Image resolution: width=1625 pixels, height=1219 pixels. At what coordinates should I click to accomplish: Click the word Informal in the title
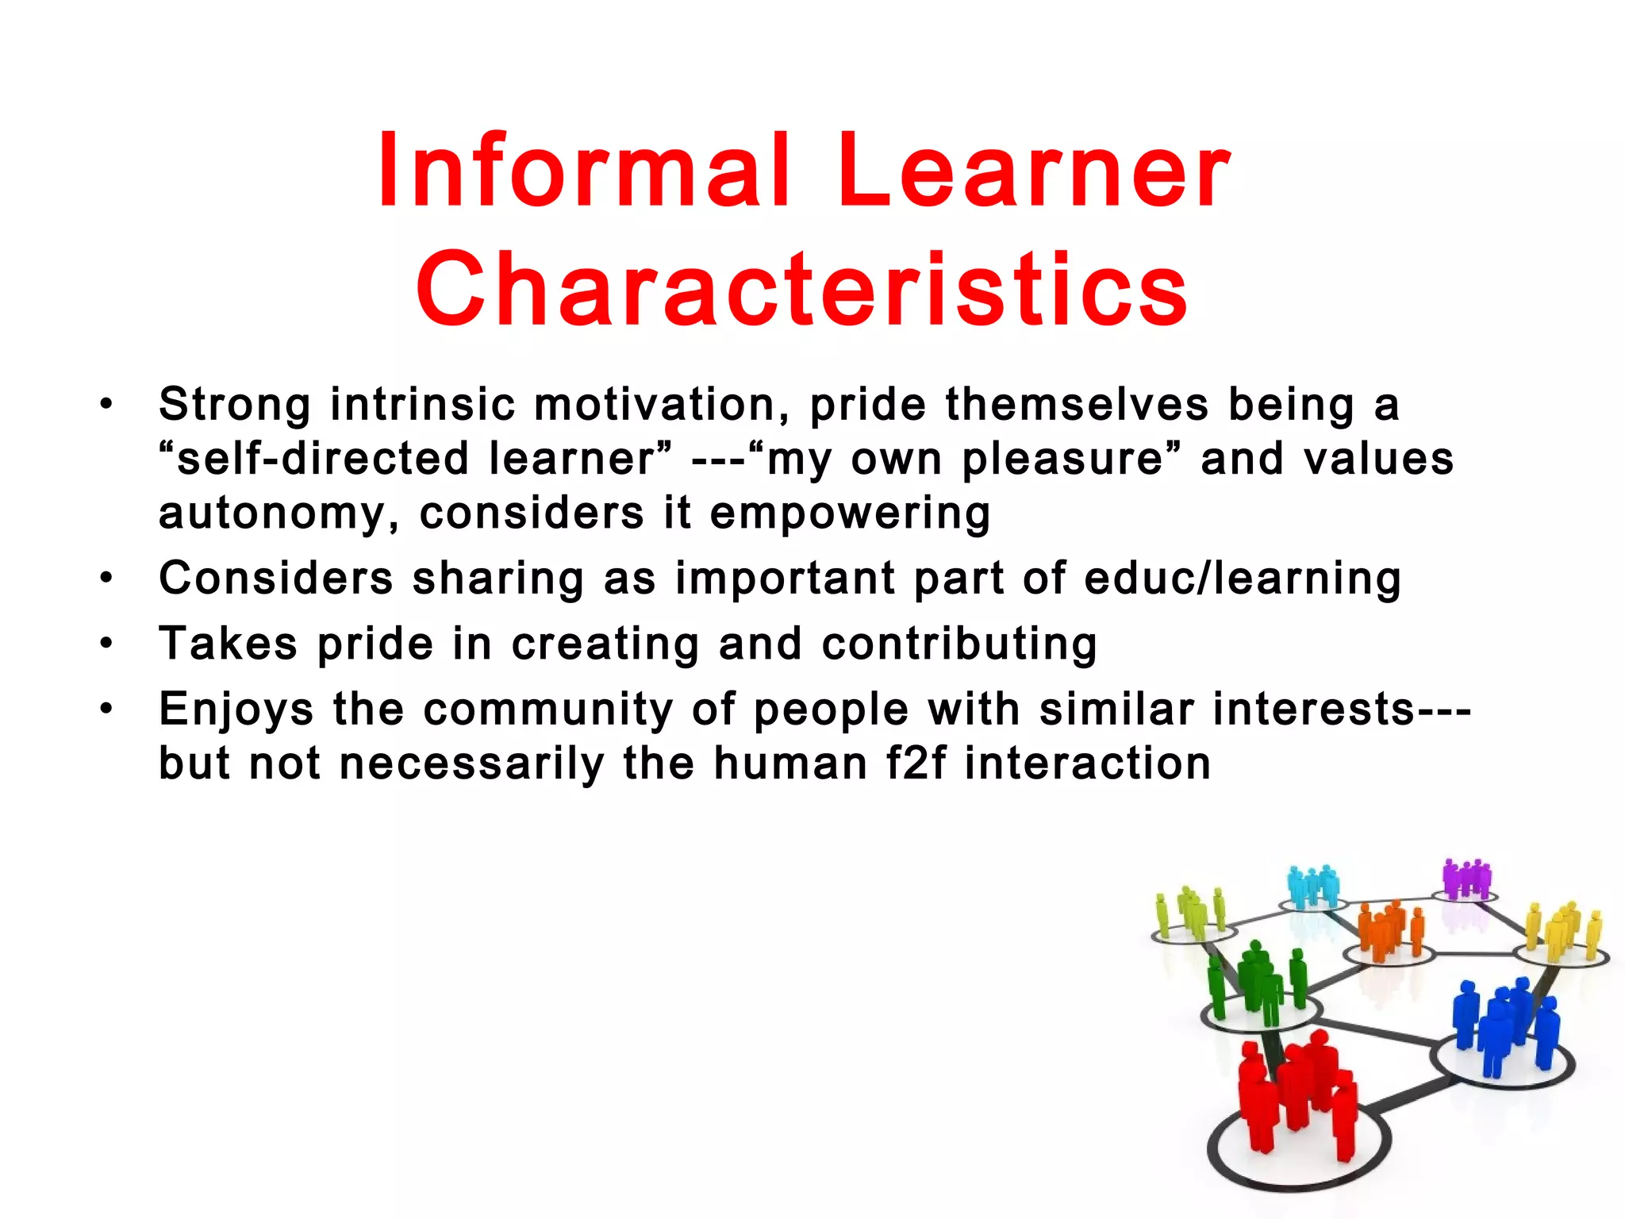[584, 170]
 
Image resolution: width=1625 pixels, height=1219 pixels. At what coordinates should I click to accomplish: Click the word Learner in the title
[1033, 170]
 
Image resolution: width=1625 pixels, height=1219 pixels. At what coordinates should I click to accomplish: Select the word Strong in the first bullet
[235, 404]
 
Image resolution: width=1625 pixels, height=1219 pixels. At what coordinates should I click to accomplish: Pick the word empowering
[850, 514]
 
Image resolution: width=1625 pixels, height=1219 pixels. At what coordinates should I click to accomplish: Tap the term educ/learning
[1243, 578]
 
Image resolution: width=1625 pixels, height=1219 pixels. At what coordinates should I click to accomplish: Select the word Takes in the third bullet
[229, 643]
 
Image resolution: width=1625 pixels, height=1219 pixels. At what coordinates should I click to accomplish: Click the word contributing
[959, 643]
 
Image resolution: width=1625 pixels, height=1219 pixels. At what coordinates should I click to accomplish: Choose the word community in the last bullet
[548, 709]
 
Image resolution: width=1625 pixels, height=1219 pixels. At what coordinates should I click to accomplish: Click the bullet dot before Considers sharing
[106, 578]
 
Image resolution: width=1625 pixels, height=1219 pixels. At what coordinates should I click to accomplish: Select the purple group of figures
[1466, 879]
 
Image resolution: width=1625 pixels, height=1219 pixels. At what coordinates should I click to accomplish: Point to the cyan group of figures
[1313, 886]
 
